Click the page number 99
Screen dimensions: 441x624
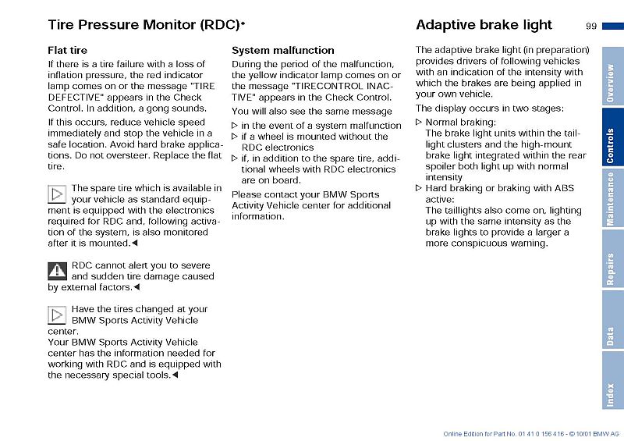coord(590,26)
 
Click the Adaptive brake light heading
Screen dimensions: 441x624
coord(484,25)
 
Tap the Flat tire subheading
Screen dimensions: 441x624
coord(68,51)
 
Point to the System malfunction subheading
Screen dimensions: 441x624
coord(283,51)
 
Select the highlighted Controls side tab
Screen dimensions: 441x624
coord(612,145)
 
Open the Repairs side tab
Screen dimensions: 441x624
coord(612,269)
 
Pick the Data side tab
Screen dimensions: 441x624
coord(612,336)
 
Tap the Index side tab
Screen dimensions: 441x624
coord(612,394)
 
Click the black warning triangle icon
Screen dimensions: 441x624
coord(57,272)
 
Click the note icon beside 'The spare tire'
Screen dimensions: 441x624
coord(57,194)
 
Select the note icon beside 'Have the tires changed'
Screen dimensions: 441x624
coord(57,315)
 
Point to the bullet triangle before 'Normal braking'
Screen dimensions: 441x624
coord(419,123)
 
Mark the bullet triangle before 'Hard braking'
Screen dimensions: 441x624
coord(419,189)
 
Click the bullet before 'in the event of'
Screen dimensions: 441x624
coord(235,126)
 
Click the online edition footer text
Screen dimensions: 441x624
coord(530,433)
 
